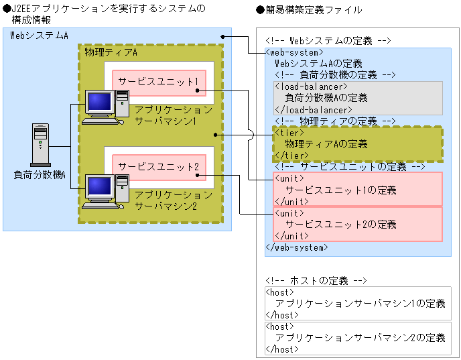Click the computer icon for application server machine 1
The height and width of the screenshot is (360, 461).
pyautogui.click(x=102, y=106)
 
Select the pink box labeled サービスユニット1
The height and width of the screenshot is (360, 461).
pyautogui.click(x=158, y=82)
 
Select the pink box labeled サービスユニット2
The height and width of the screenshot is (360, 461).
pyautogui.click(x=158, y=166)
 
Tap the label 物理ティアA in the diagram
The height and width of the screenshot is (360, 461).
pyautogui.click(x=111, y=52)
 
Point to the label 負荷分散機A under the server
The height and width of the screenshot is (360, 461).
pyautogui.click(x=40, y=174)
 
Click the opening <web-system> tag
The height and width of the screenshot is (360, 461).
pyautogui.click(x=295, y=52)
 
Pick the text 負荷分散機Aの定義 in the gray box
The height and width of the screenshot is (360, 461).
pyautogui.click(x=326, y=98)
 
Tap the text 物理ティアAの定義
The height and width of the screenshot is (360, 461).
pyautogui.click(x=326, y=144)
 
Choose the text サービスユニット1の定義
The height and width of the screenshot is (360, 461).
pyautogui.click(x=340, y=190)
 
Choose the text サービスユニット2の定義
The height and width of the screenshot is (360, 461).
pyautogui.click(x=340, y=225)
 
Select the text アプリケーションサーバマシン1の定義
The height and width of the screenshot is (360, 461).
pyautogui.click(x=360, y=304)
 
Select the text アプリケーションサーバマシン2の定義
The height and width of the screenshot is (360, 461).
pyautogui.click(x=360, y=338)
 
